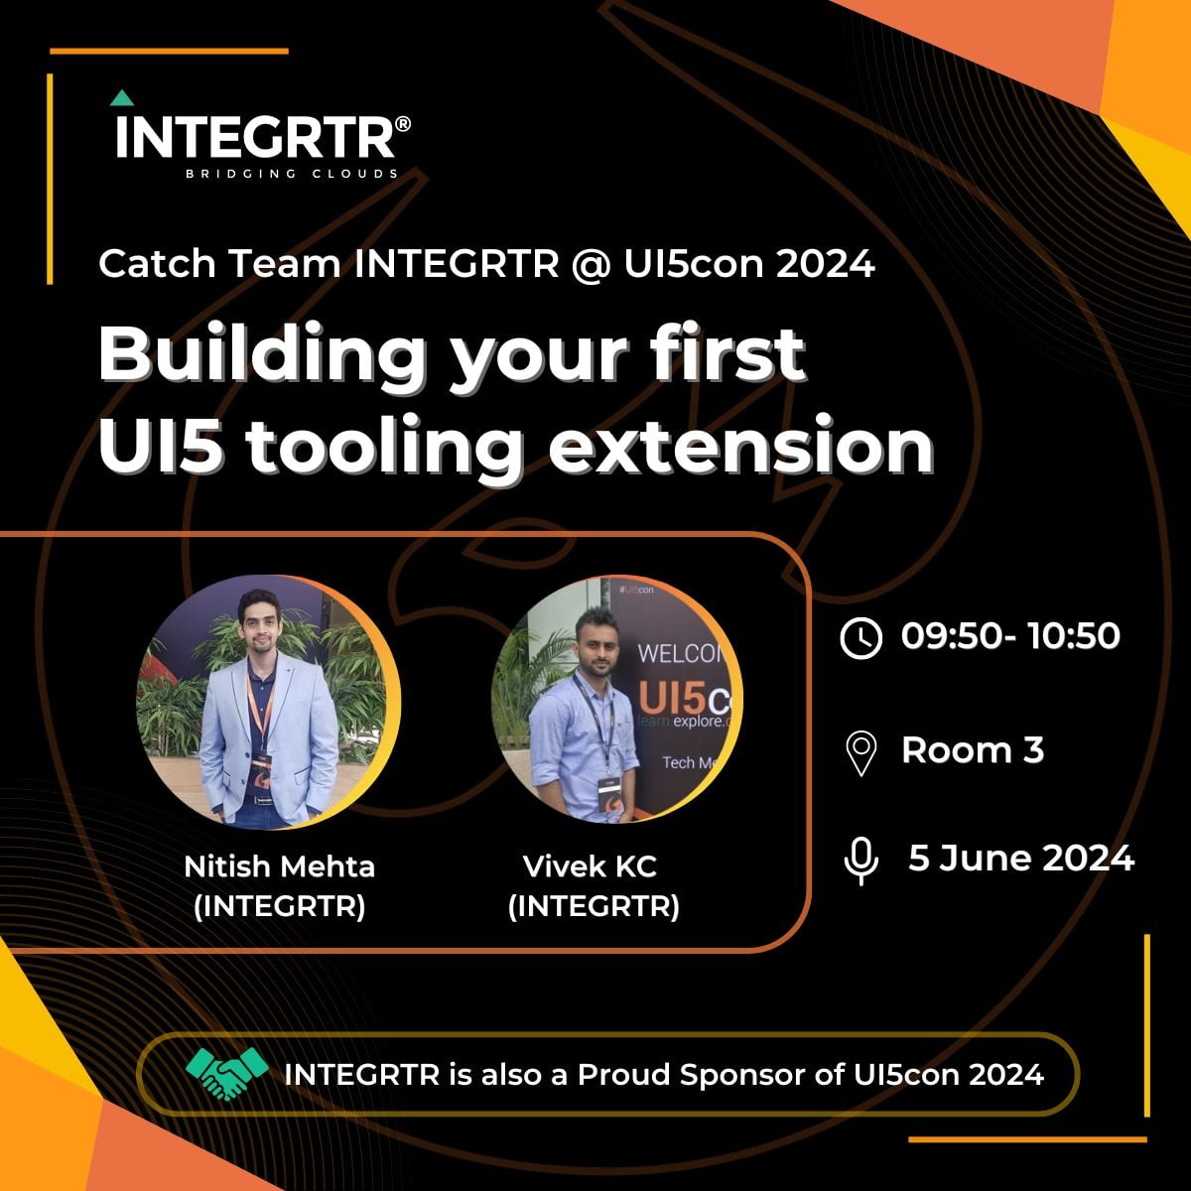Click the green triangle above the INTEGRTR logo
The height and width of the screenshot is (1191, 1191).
pyautogui.click(x=122, y=98)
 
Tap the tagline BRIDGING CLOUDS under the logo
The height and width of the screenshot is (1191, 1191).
pyautogui.click(x=293, y=174)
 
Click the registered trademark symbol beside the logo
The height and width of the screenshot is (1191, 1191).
pyautogui.click(x=402, y=125)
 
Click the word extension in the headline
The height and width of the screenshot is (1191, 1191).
pyautogui.click(x=741, y=447)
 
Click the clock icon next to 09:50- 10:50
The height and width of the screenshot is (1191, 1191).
pyautogui.click(x=860, y=637)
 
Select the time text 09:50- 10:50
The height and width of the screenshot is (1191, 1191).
pyautogui.click(x=1010, y=636)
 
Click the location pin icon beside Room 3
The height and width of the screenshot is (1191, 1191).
pyautogui.click(x=860, y=752)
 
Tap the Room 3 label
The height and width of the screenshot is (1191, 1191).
pyautogui.click(x=973, y=750)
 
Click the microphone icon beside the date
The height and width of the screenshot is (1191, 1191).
pyautogui.click(x=860, y=860)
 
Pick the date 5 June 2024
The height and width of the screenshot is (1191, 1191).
pyautogui.click(x=1021, y=858)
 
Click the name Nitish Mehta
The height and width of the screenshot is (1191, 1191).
pyautogui.click(x=280, y=866)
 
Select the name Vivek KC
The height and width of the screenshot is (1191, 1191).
pyautogui.click(x=590, y=866)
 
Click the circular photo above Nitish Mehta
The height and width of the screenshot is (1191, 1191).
pyautogui.click(x=267, y=701)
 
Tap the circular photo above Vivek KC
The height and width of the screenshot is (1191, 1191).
pyautogui.click(x=616, y=701)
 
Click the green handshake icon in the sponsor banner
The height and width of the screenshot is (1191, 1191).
pyautogui.click(x=227, y=1074)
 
